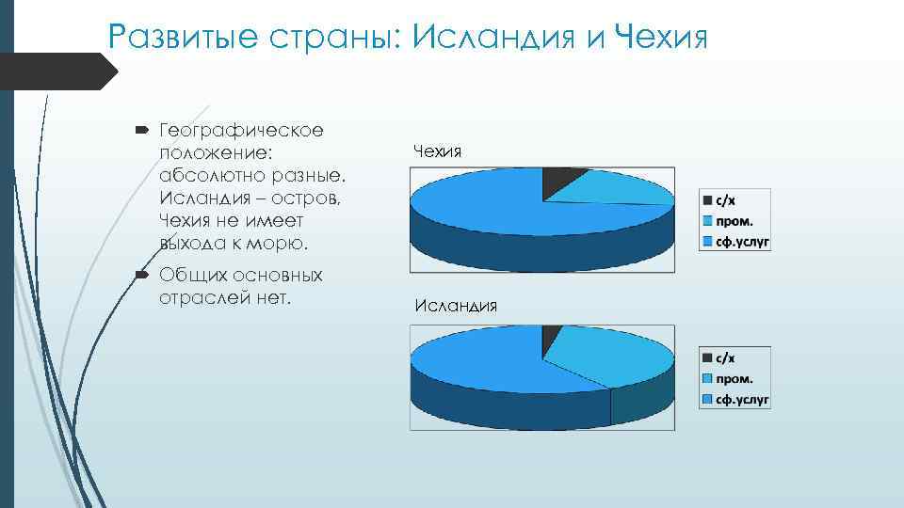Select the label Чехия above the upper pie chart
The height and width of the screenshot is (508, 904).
(x=437, y=150)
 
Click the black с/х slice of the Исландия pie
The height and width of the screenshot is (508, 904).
(x=551, y=339)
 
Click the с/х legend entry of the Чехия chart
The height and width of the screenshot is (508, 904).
(x=719, y=200)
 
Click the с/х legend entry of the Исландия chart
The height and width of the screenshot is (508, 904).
(x=719, y=358)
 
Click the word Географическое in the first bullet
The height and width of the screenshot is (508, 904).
(x=241, y=131)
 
